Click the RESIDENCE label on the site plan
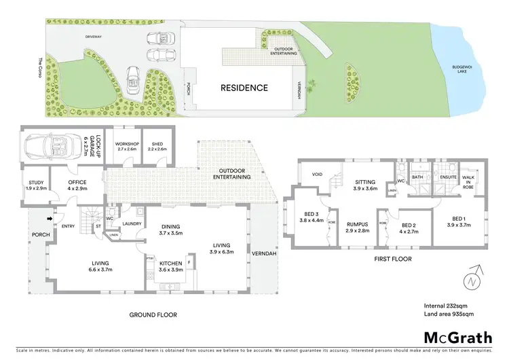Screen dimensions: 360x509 pyautogui.click(x=243, y=88)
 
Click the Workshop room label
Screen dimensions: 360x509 pyautogui.click(x=127, y=146)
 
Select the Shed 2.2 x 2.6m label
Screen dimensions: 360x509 pyautogui.click(x=157, y=146)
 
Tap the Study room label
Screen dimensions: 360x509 pyautogui.click(x=35, y=185)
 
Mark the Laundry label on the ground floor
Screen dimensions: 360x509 pyautogui.click(x=132, y=223)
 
